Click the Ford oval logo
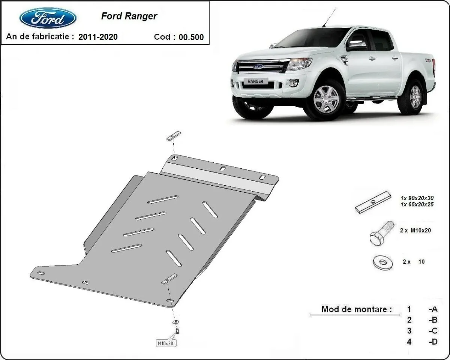(48, 18)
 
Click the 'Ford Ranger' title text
(129, 16)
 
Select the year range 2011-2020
(98, 37)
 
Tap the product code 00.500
(191, 37)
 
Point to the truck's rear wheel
(415, 97)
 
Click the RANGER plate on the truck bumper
(255, 81)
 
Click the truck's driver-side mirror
(356, 45)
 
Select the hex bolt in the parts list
(381, 233)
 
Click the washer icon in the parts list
(383, 262)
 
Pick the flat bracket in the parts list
(373, 202)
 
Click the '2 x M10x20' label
(415, 231)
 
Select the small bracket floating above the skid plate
(174, 136)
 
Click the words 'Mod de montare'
(356, 309)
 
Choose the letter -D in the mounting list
(433, 342)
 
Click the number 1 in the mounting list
(409, 309)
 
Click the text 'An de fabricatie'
(37, 37)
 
